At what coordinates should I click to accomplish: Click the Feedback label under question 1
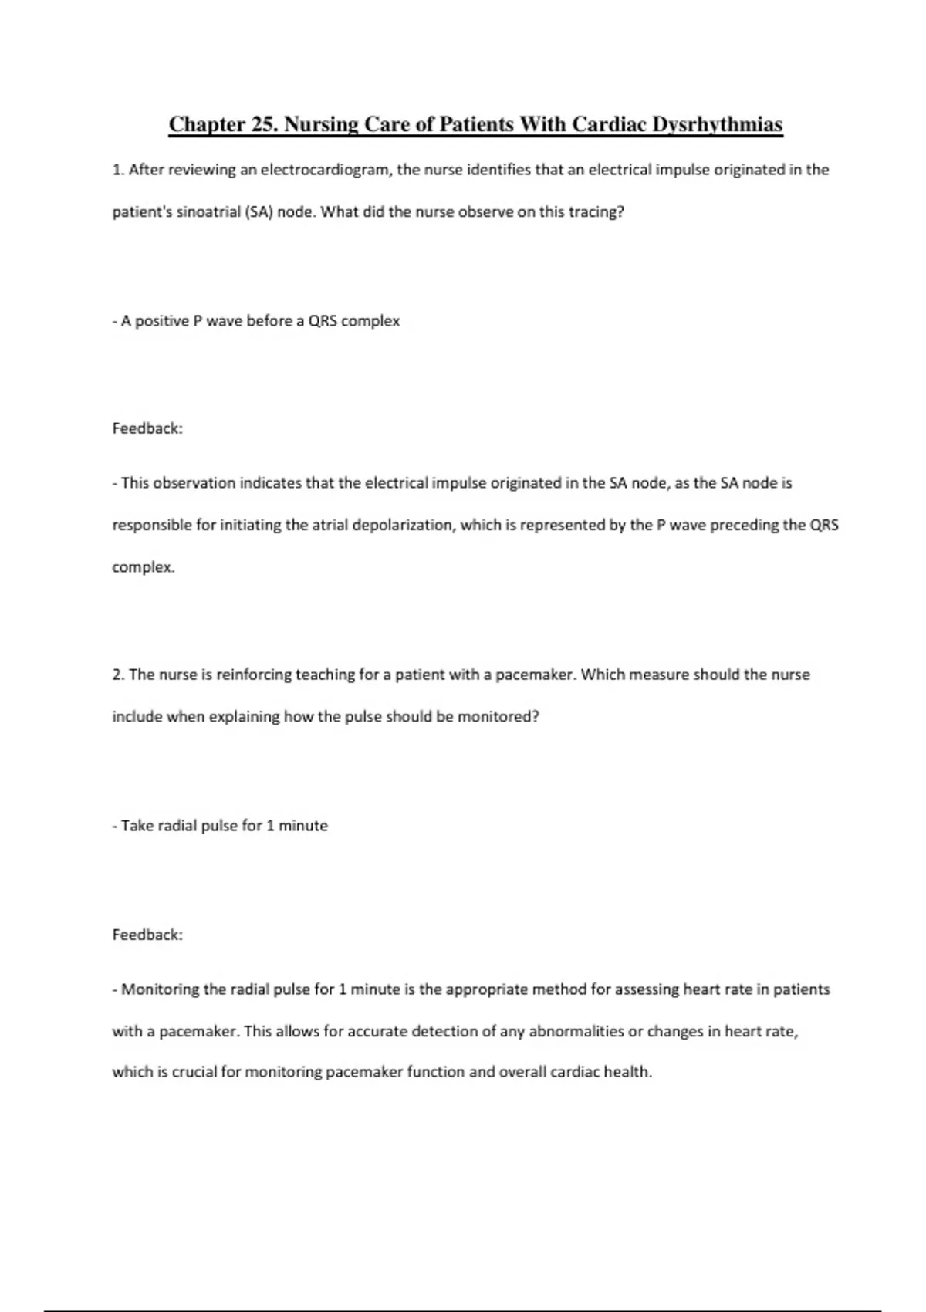coord(147,428)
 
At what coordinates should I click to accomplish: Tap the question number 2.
coord(118,675)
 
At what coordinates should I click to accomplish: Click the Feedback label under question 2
coord(147,935)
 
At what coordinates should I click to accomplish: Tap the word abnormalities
coord(576,1031)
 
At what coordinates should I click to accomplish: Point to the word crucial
coord(188,1072)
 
